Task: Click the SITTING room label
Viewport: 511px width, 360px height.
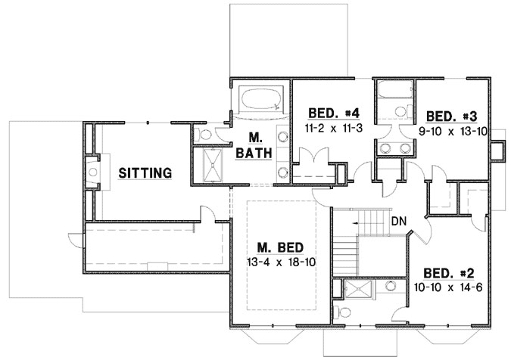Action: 145,173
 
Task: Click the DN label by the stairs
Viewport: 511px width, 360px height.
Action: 400,222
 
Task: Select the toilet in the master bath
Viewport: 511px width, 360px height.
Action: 204,135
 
